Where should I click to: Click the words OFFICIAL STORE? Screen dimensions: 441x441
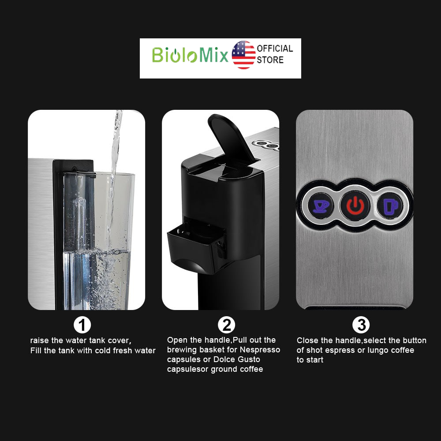275,54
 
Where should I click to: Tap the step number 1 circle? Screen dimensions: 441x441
82,325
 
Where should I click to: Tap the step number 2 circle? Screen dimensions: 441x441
226,325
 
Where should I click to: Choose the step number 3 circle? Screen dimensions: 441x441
361,325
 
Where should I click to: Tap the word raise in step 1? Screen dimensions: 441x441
40,341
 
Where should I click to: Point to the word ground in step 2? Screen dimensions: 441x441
224,369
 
